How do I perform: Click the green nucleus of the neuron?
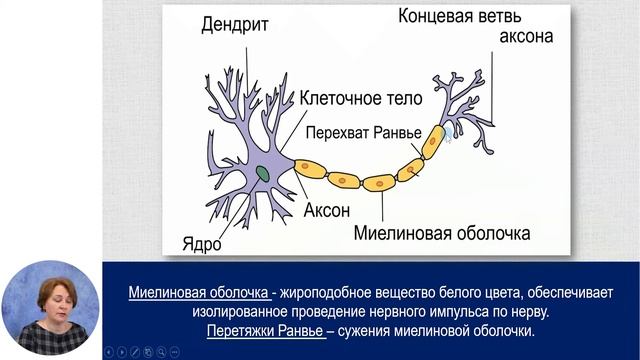[261, 173]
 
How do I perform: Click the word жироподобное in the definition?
[332, 293]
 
